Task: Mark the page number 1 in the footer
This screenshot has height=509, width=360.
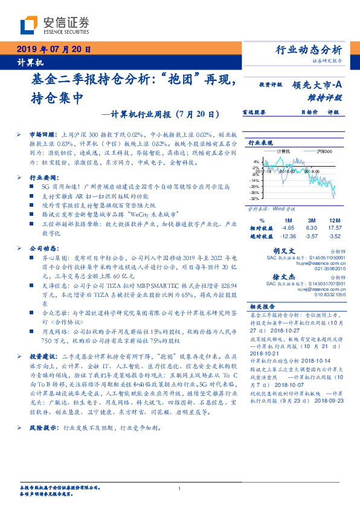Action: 179,489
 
